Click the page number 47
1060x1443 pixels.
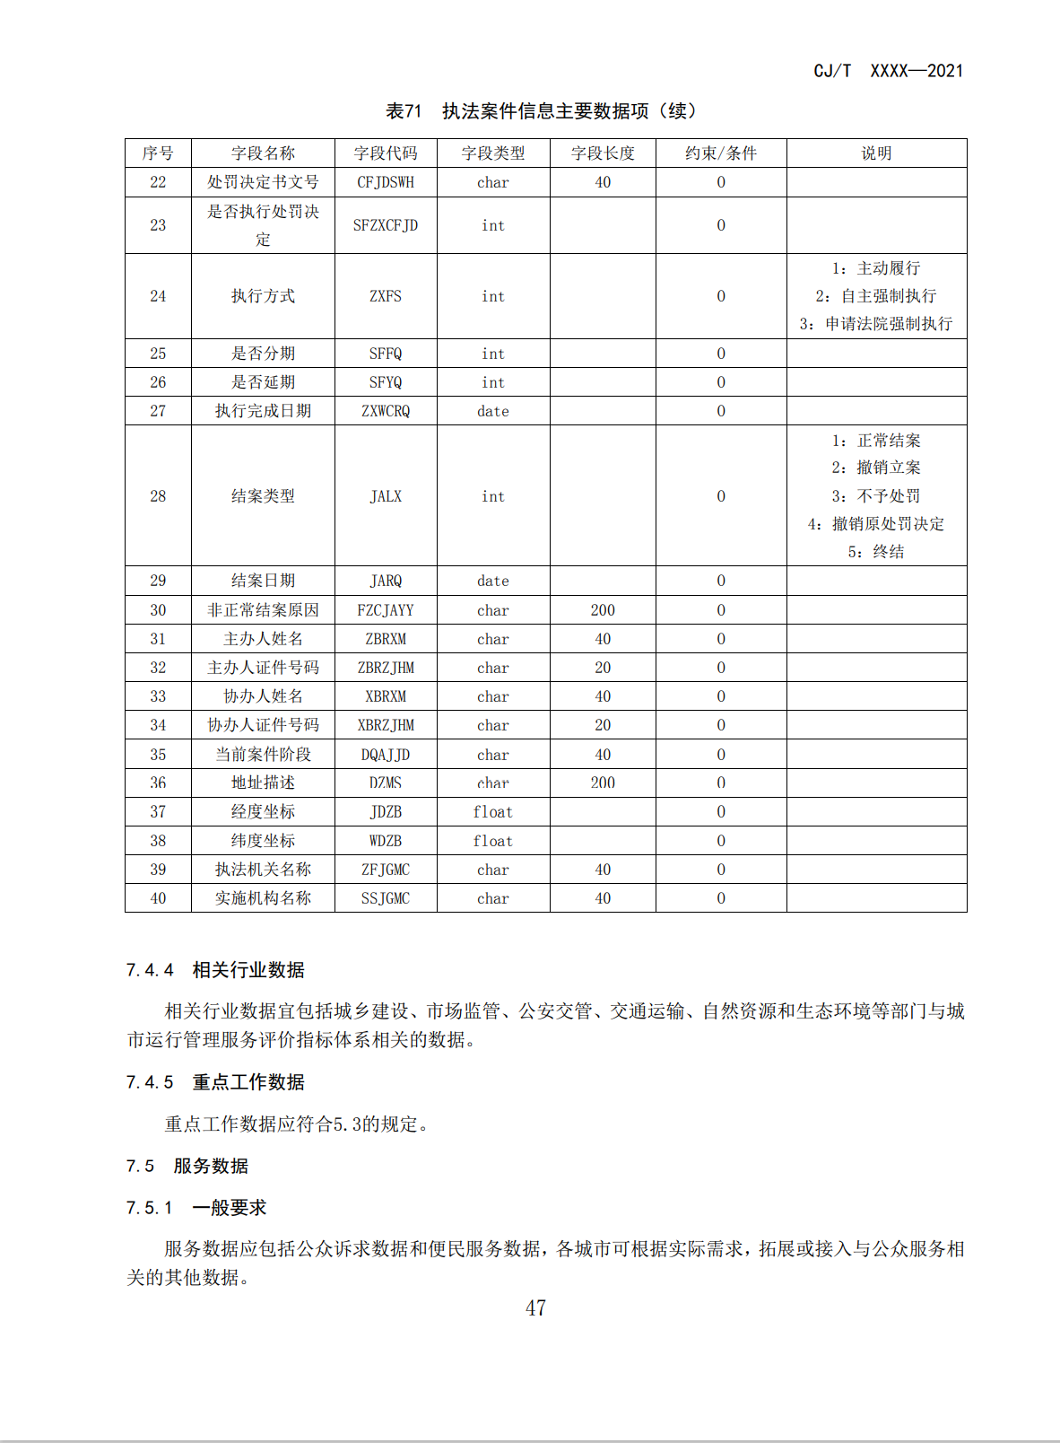(x=535, y=1308)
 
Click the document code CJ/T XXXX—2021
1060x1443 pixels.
(x=888, y=71)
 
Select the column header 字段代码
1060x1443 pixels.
(x=386, y=153)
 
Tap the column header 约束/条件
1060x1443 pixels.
(x=721, y=153)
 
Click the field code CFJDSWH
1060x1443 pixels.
(x=386, y=182)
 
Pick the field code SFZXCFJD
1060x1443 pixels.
(x=386, y=225)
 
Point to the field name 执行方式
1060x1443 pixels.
(x=263, y=296)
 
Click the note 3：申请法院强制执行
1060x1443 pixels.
(x=876, y=324)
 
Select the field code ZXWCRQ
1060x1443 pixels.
(x=386, y=411)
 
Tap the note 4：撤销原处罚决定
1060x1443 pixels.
(x=876, y=524)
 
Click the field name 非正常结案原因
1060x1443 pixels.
(x=263, y=610)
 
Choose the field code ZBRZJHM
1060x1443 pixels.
(x=386, y=668)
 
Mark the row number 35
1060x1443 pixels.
(x=158, y=755)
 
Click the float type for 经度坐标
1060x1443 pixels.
(x=493, y=812)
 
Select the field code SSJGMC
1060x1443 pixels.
(x=386, y=898)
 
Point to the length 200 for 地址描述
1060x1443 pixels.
(x=603, y=783)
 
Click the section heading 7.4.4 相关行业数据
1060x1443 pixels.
(x=215, y=970)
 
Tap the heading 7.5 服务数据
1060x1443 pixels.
(x=187, y=1166)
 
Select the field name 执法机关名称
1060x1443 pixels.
(x=263, y=870)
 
